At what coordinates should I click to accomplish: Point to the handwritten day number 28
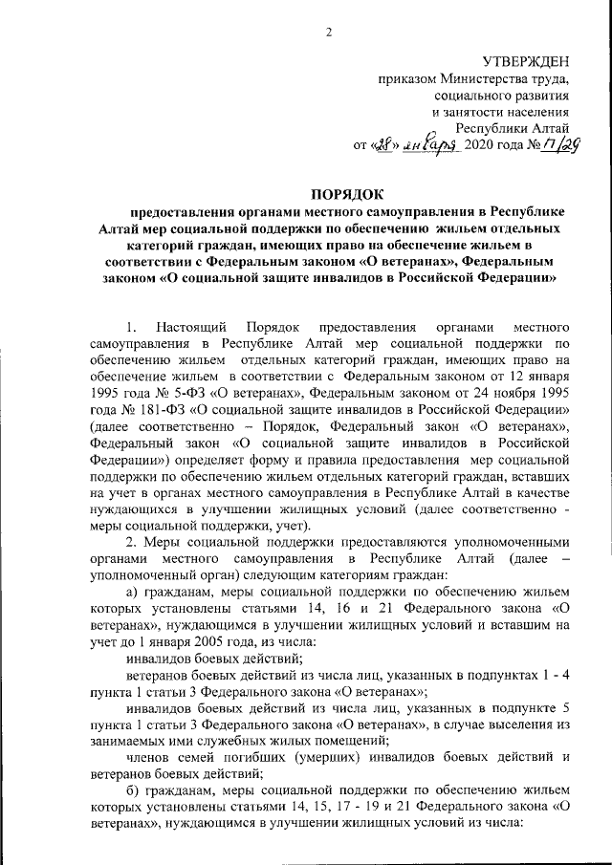[381, 145]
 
